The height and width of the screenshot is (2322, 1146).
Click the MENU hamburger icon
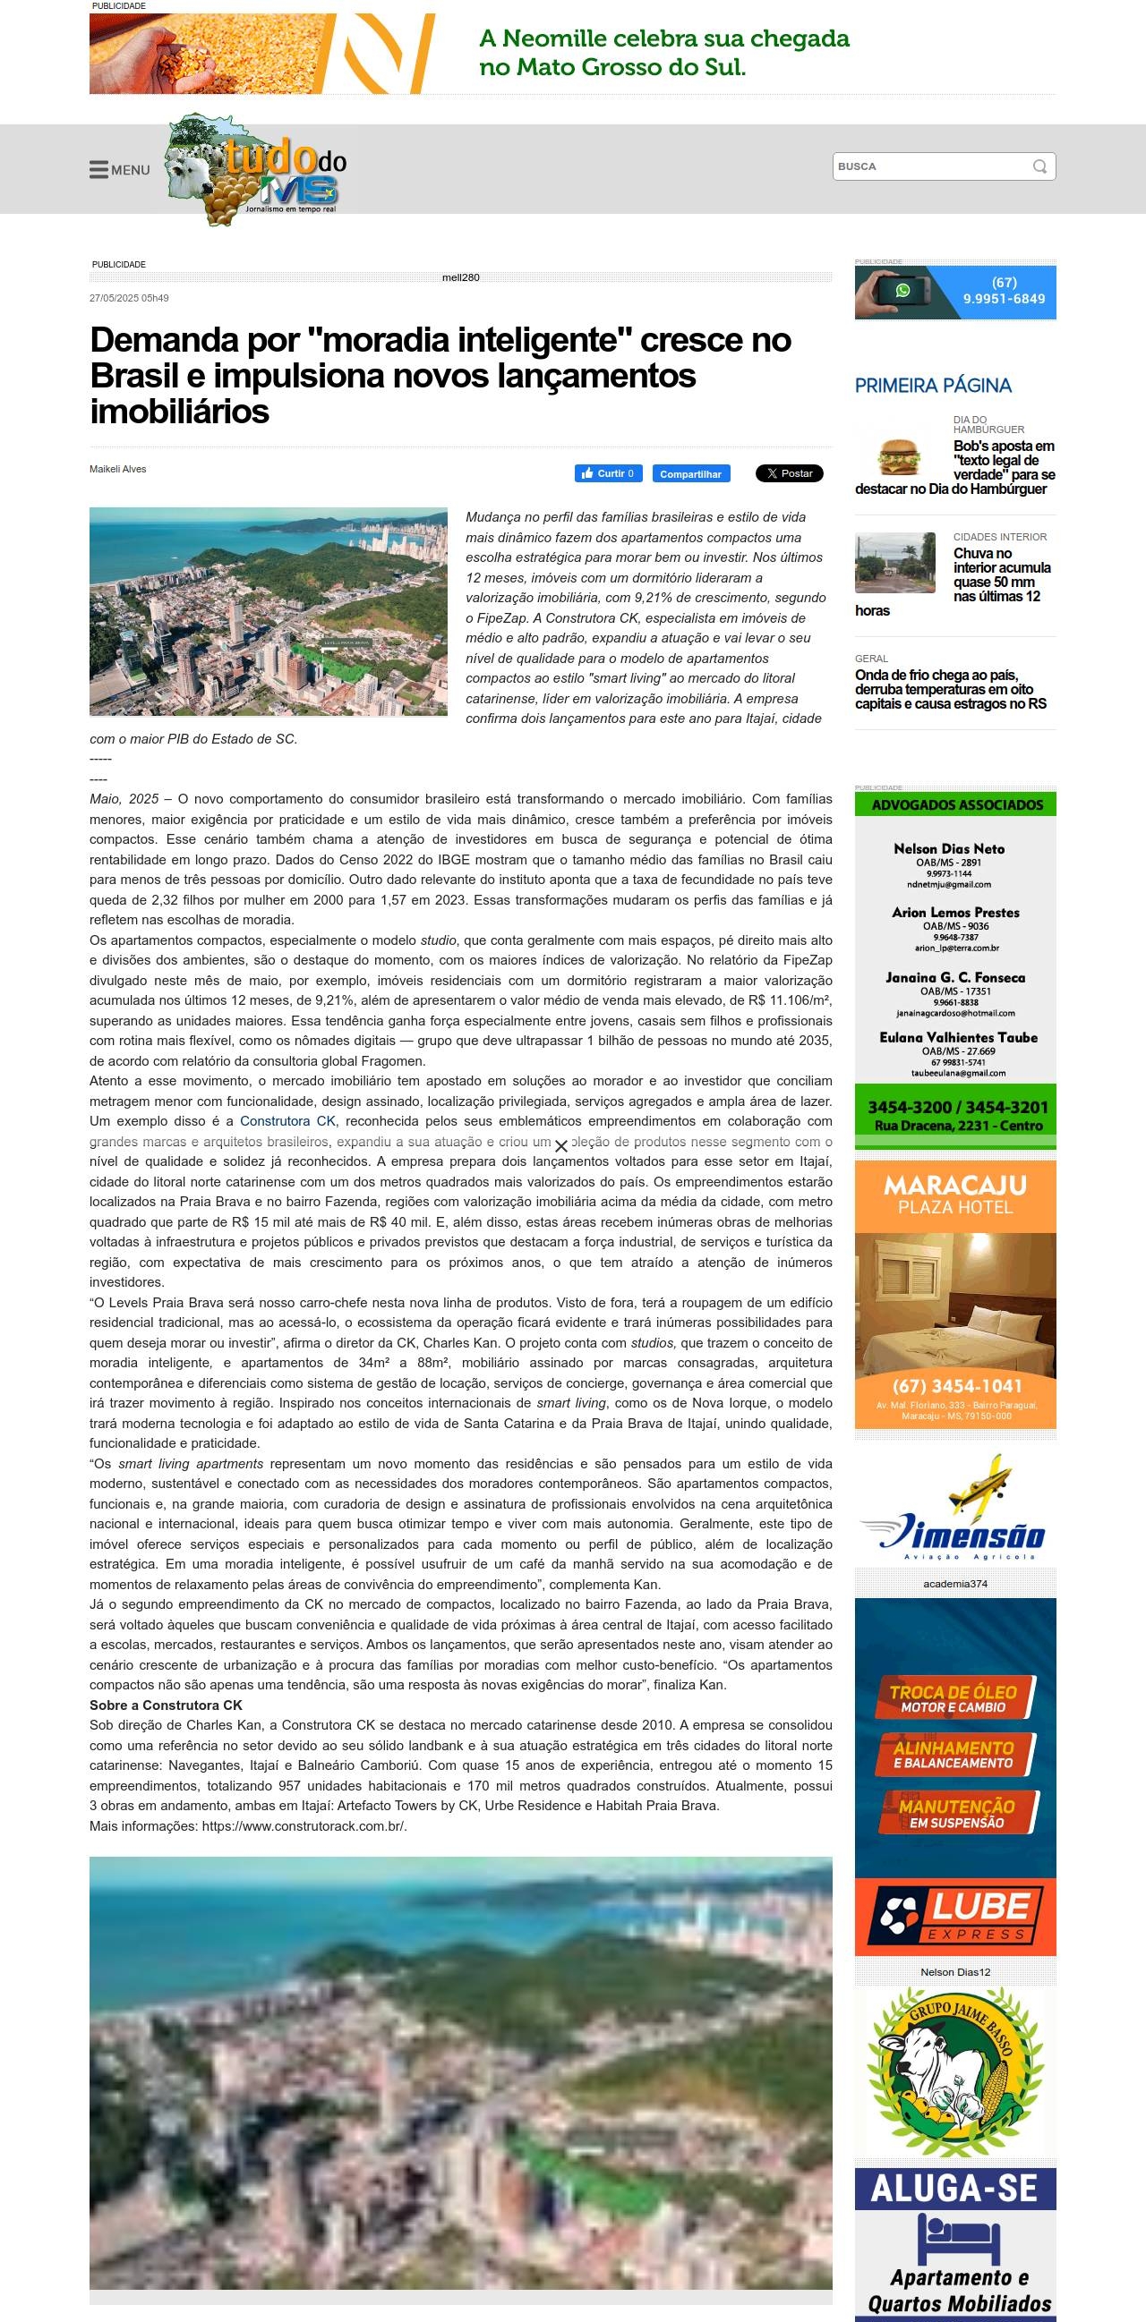pos(99,169)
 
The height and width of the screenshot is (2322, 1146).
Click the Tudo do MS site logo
pos(258,169)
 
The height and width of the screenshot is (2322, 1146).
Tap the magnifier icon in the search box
pos(1039,166)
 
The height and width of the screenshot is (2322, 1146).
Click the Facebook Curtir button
pos(609,473)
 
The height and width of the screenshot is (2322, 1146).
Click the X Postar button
pos(789,473)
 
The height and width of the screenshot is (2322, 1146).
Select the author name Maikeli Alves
pos(118,469)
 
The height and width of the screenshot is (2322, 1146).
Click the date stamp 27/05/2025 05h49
pos(129,298)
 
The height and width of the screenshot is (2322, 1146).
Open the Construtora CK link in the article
pos(287,1121)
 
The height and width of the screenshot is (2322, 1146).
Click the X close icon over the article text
pos(560,1146)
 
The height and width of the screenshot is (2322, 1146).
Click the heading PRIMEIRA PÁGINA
pos(932,386)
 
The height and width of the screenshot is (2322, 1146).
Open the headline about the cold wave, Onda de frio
pos(950,690)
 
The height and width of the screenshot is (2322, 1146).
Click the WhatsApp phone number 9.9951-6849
pos(1004,298)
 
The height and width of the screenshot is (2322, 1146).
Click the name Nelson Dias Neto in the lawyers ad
pos(948,848)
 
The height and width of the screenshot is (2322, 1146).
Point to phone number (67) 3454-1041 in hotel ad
pos(957,1386)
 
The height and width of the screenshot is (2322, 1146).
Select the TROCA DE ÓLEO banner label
pos(953,1699)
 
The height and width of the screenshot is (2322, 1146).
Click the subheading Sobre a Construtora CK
pos(166,1705)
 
